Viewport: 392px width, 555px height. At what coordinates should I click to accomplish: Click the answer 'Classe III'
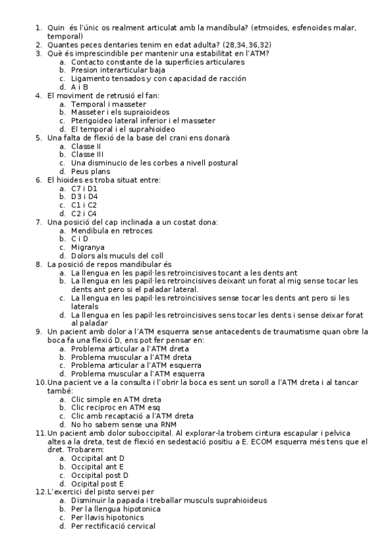click(88, 154)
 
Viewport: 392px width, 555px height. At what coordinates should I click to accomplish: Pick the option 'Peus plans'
click(90, 171)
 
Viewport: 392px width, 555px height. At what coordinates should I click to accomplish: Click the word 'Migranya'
click(88, 247)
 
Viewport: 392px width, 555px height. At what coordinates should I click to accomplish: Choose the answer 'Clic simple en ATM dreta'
click(116, 399)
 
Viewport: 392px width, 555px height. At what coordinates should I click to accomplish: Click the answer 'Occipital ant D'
click(98, 458)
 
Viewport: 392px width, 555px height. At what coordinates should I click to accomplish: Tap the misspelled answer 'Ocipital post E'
click(98, 484)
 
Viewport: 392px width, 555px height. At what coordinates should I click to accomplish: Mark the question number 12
click(41, 492)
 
